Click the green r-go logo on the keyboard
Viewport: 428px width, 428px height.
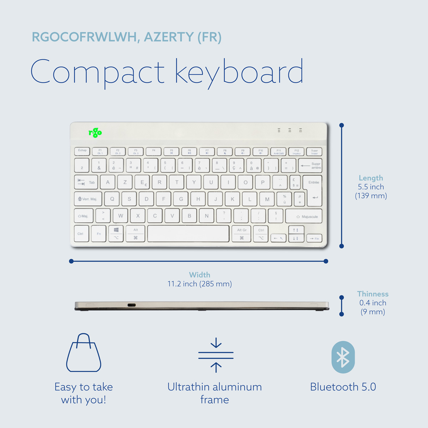pyautogui.click(x=95, y=133)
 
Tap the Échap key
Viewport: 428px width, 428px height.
pyautogui.click(x=82, y=152)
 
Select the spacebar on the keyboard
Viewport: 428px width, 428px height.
pyautogui.click(x=188, y=234)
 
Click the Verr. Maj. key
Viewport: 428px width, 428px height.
pyautogui.click(x=88, y=199)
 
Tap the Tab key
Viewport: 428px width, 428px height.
pyautogui.click(x=86, y=182)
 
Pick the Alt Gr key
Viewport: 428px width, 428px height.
pyautogui.click(x=242, y=234)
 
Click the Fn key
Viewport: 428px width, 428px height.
pyautogui.click(x=99, y=234)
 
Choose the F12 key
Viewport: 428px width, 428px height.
pyautogui.click(x=296, y=152)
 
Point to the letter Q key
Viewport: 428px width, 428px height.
pyautogui.click(x=112, y=199)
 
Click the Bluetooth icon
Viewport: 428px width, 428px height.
pyautogui.click(x=343, y=357)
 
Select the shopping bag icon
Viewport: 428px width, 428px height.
pyautogui.click(x=84, y=353)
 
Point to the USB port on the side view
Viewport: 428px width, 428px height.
pyautogui.click(x=132, y=305)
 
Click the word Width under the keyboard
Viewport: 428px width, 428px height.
pyautogui.click(x=199, y=275)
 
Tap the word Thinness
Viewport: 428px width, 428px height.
pyautogui.click(x=373, y=294)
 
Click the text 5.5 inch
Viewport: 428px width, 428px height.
pyautogui.click(x=371, y=187)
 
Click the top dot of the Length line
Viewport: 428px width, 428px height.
pyautogui.click(x=342, y=125)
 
